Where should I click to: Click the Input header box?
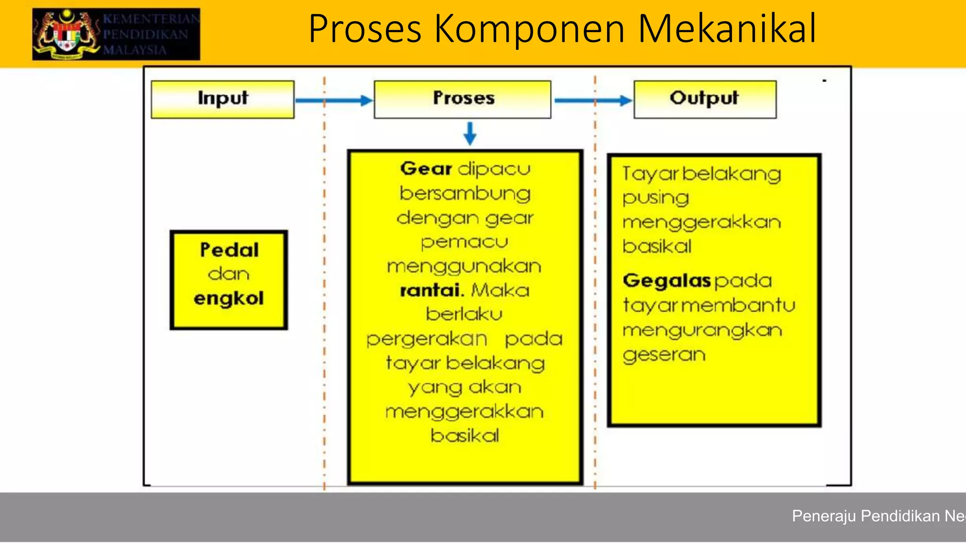pos(223,99)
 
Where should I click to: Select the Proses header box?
pos(462,99)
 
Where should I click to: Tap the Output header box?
pos(705,99)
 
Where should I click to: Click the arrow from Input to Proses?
pos(333,100)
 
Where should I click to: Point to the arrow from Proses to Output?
pos(593,100)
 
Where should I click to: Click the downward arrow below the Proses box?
pos(470,133)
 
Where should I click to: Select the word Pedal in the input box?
pos(229,250)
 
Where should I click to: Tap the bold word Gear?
pos(426,169)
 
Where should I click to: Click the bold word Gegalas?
pos(666,281)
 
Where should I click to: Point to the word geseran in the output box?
pos(664,355)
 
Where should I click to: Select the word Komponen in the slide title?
pos(530,29)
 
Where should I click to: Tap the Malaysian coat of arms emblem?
pos(67,34)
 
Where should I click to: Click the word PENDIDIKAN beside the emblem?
pos(146,34)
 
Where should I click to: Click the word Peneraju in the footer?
pos(823,516)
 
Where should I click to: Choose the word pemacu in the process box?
pos(465,242)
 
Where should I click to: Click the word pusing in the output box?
pos(656,198)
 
